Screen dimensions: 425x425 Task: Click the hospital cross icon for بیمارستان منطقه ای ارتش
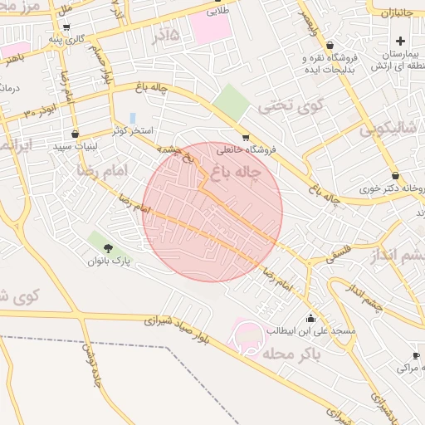click(x=401, y=41)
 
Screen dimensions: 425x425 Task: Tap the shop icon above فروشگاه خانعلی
click(x=245, y=138)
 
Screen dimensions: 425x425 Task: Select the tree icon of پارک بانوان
click(x=109, y=248)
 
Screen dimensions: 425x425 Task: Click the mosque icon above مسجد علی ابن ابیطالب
click(x=310, y=318)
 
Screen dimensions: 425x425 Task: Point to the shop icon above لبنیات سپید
click(x=76, y=133)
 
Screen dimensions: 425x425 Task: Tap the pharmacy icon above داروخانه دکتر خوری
click(x=395, y=176)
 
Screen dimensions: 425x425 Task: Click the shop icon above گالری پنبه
click(x=66, y=27)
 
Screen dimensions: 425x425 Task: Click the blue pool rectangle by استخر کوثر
click(x=133, y=118)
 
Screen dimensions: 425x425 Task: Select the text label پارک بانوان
click(x=110, y=261)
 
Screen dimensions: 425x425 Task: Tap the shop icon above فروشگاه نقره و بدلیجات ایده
click(x=330, y=46)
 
